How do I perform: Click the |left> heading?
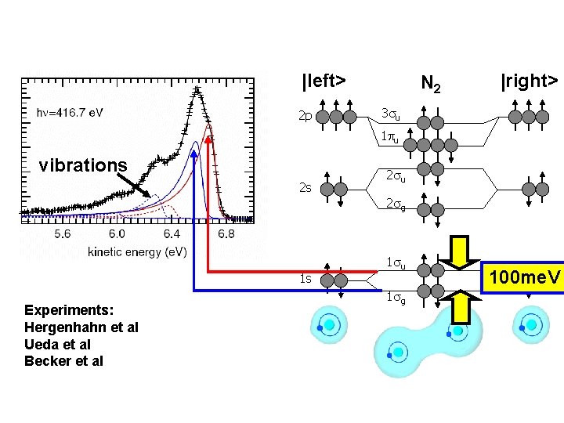click(x=324, y=81)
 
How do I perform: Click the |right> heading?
click(x=530, y=81)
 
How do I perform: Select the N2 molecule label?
click(x=431, y=82)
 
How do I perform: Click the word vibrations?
click(x=83, y=165)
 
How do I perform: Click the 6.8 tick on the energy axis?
click(x=226, y=234)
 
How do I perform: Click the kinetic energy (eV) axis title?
click(x=137, y=251)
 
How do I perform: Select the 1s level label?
click(x=305, y=278)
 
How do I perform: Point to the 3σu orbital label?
click(x=389, y=114)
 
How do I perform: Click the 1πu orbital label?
click(x=389, y=139)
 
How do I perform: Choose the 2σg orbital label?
click(x=395, y=205)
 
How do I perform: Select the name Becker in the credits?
click(x=46, y=361)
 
